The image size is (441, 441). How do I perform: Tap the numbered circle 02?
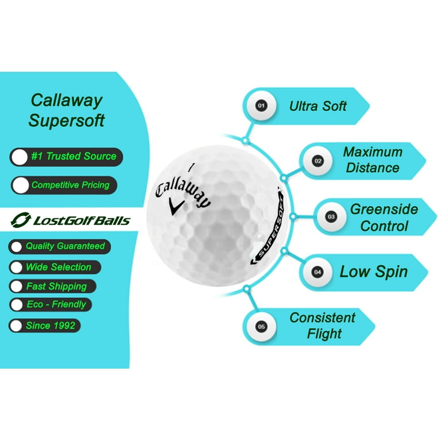(x=318, y=161)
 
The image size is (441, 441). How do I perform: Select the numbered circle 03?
(x=331, y=217)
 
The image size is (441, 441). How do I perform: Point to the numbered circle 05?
(x=262, y=326)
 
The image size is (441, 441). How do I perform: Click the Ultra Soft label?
(x=318, y=106)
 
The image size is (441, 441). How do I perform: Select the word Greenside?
(x=384, y=209)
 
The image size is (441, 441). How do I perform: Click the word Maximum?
(x=373, y=152)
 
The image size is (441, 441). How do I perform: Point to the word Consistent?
(x=322, y=318)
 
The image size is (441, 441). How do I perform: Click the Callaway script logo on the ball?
(x=183, y=190)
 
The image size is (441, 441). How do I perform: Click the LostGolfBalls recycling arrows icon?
(x=21, y=220)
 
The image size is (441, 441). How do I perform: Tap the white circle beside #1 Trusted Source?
(x=20, y=157)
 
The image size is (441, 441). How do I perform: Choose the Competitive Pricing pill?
(x=64, y=185)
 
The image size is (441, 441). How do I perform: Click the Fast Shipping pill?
(x=52, y=286)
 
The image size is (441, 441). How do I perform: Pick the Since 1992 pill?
(x=45, y=325)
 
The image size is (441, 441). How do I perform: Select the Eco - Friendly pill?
(x=50, y=304)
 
